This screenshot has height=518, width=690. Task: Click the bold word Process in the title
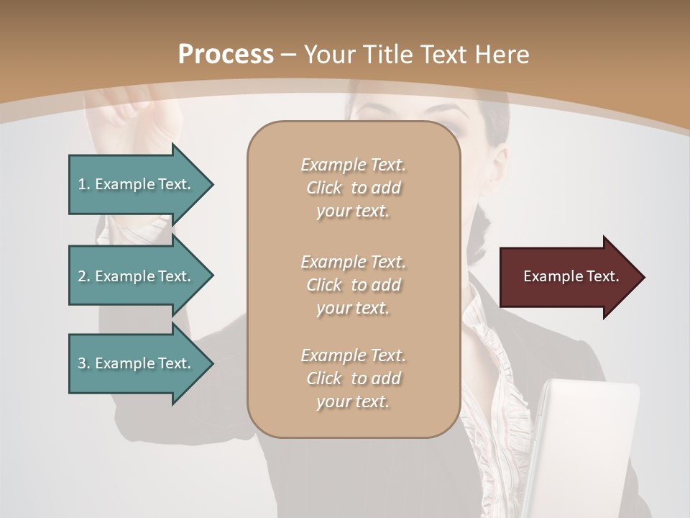[x=226, y=55]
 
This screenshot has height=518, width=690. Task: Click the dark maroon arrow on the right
[x=568, y=277]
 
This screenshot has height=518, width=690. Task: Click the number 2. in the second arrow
[x=83, y=276]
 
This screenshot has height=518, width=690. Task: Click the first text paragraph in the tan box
[x=353, y=188]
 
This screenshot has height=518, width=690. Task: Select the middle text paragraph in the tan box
[x=353, y=285]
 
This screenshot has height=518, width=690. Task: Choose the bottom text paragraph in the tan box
[x=353, y=378]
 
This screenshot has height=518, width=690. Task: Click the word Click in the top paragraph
[x=324, y=188]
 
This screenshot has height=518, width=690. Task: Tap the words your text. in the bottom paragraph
[x=353, y=401]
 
